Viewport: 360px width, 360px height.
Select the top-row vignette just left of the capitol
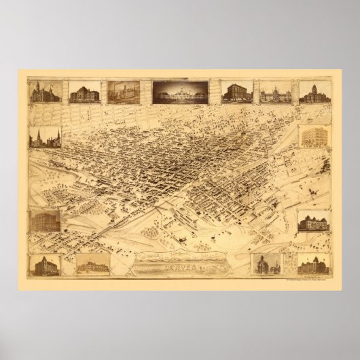[123, 92]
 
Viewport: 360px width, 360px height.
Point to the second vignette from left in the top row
[83, 92]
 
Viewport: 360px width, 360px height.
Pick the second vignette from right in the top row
[276, 92]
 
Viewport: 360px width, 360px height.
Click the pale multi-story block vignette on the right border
[314, 138]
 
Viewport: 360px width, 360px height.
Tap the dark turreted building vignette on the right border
[314, 221]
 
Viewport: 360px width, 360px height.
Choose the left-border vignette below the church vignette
[44, 222]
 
